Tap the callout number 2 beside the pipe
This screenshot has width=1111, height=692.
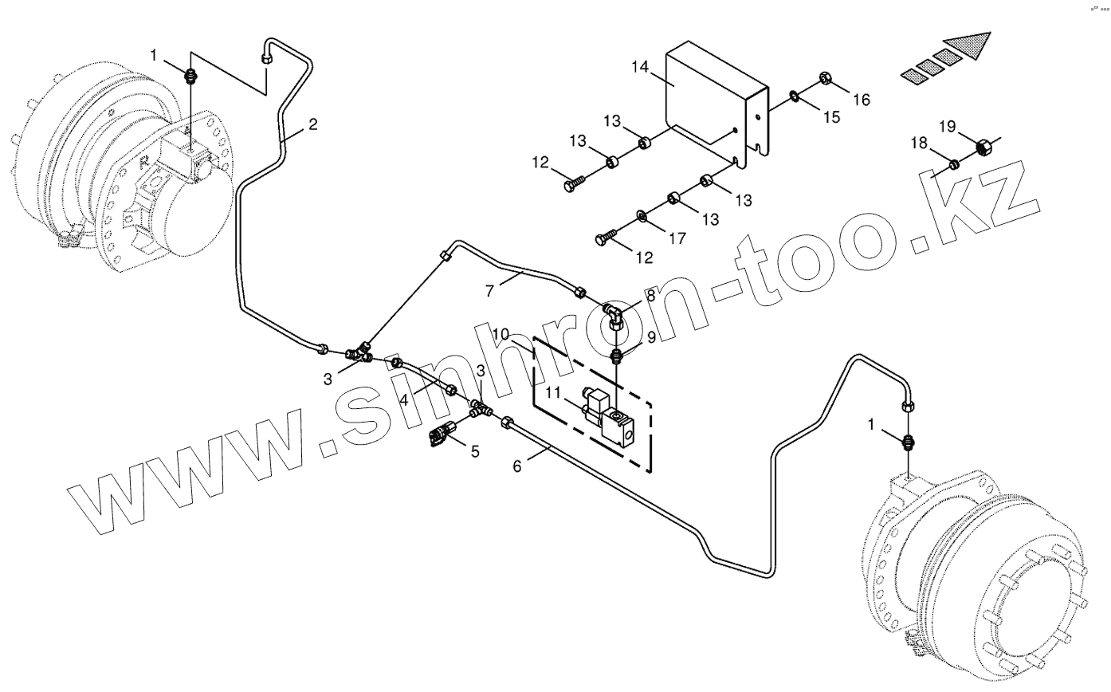(312, 124)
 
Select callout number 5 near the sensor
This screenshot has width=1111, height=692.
(475, 452)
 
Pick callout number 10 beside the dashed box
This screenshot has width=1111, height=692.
(499, 332)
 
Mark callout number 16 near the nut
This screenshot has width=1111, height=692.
(861, 100)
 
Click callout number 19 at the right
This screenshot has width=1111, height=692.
(946, 126)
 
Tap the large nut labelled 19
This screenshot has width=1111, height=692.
(983, 147)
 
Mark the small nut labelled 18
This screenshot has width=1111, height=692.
(953, 164)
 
